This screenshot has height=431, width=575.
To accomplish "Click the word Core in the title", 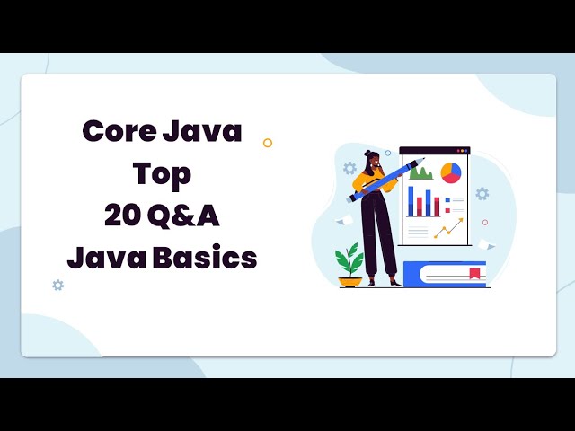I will pyautogui.click(x=116, y=132).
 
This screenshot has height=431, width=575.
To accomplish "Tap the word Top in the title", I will pyautogui.click(x=162, y=173).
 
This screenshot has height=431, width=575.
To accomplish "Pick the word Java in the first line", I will pyautogui.click(x=202, y=132).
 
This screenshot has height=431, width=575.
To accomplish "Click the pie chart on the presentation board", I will pyautogui.click(x=450, y=172).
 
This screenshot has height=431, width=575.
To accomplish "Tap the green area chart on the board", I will pyautogui.click(x=420, y=172).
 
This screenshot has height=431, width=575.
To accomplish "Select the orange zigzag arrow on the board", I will pyautogui.click(x=447, y=229).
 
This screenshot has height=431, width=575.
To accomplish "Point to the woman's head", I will pyautogui.click(x=373, y=163).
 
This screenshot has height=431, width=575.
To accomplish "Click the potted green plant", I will pyautogui.click(x=349, y=260).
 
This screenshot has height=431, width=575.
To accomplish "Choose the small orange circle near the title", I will pyautogui.click(x=267, y=143).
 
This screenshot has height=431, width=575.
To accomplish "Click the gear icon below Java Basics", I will pyautogui.click(x=57, y=285).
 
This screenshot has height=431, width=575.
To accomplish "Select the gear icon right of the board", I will pyautogui.click(x=482, y=193).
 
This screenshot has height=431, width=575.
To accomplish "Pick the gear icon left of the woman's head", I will pyautogui.click(x=349, y=168).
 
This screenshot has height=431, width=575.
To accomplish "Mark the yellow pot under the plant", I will pyautogui.click(x=349, y=281).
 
